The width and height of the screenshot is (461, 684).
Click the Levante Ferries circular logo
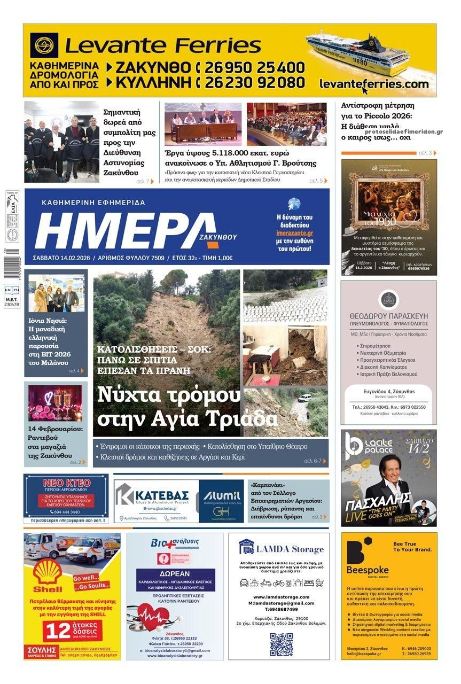coord(44,45)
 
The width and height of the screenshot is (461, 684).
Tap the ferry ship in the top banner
coord(357,53)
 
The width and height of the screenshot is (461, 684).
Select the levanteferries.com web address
coord(374,84)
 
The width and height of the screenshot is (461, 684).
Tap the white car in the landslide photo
coord(304,398)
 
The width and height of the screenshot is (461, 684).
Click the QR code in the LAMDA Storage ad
coord(281,644)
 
